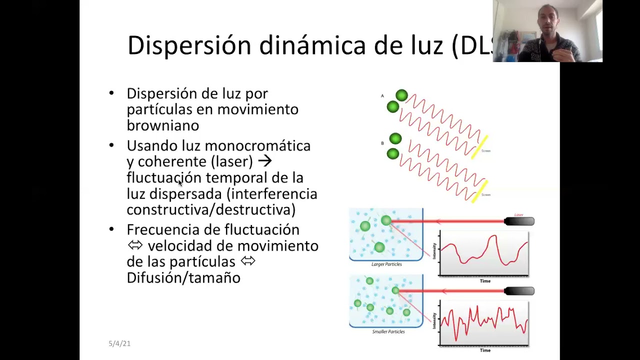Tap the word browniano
pyautogui.click(x=162, y=125)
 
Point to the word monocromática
pyautogui.click(x=257, y=146)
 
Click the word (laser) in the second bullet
pyautogui.click(x=232, y=162)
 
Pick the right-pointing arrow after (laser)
pyautogui.click(x=264, y=161)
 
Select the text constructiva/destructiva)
pyautogui.click(x=211, y=210)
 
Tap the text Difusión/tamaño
pyautogui.click(x=183, y=278)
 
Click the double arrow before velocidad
pyautogui.click(x=135, y=245)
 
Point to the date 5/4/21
pyautogui.click(x=119, y=343)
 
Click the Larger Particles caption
pyautogui.click(x=386, y=264)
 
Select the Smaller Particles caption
pyautogui.click(x=388, y=331)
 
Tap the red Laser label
pyautogui.click(x=518, y=215)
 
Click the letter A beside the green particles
pyautogui.click(x=382, y=96)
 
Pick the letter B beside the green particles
pyautogui.click(x=382, y=143)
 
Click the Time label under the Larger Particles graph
pyautogui.click(x=485, y=281)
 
